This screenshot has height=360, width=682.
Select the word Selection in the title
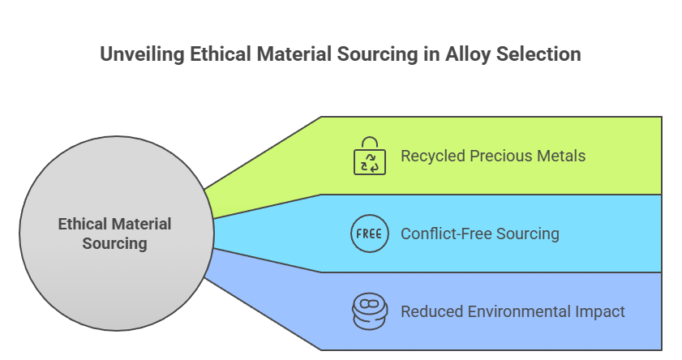[x=541, y=54]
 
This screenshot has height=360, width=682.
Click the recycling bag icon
[x=369, y=156]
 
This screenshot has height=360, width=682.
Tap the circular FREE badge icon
[x=369, y=234]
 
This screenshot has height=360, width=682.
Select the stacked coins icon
[x=369, y=311]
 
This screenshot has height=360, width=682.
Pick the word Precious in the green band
[x=505, y=156]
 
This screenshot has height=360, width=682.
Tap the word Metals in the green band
[x=564, y=156]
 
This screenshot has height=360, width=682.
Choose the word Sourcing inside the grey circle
[x=114, y=242]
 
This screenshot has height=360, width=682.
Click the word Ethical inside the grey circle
[x=83, y=224]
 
